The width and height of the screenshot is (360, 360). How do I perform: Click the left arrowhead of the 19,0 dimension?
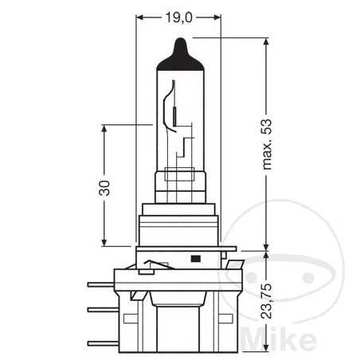[142, 15]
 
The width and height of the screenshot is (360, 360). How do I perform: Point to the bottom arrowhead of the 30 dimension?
[104, 242]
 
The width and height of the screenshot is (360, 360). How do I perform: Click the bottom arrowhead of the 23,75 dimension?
[263, 346]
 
